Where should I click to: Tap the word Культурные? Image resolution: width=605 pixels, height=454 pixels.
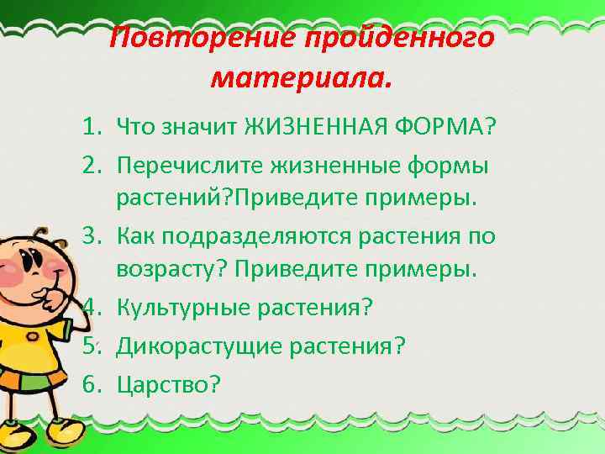179,307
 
